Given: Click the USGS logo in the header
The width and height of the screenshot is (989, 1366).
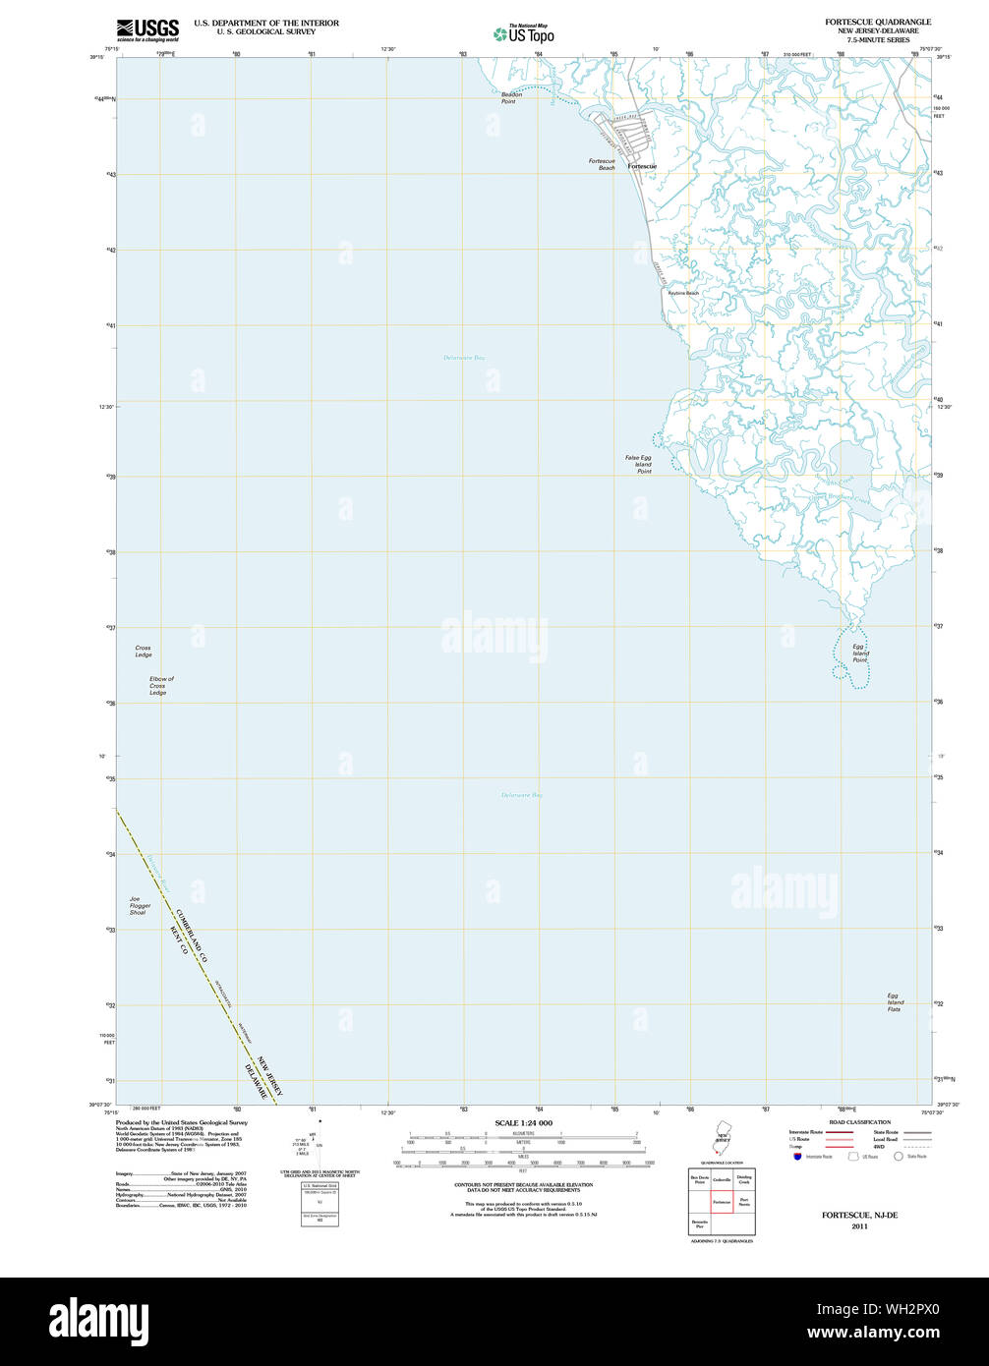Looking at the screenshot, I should coord(147,29).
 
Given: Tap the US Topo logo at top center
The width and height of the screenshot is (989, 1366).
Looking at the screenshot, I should coord(524,33).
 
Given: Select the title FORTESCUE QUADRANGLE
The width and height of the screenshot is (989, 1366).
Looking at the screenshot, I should coord(878,22).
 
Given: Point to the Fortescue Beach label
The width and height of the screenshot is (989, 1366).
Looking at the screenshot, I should coord(602,164).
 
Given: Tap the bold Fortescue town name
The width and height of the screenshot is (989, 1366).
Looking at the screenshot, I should coord(642,167).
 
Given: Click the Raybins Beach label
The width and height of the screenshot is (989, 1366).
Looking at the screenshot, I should coord(683,293).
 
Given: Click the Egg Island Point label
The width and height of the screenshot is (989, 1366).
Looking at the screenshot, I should coord(860,654).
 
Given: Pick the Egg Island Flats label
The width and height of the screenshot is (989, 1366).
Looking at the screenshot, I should coord(895,1002).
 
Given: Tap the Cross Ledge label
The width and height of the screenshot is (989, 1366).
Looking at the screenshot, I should coord(144,652).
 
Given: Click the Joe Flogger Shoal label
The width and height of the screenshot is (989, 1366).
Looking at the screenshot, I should coord(138,905).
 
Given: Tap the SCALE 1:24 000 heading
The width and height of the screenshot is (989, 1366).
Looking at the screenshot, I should coord(523,1122).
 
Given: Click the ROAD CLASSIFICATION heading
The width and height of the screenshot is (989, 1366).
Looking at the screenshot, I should coord(859,1122).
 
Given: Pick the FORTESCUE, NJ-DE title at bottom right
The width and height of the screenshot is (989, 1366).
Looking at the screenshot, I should coord(860,1216).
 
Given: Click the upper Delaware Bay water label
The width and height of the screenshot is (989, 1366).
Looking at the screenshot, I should coord(464,358).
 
